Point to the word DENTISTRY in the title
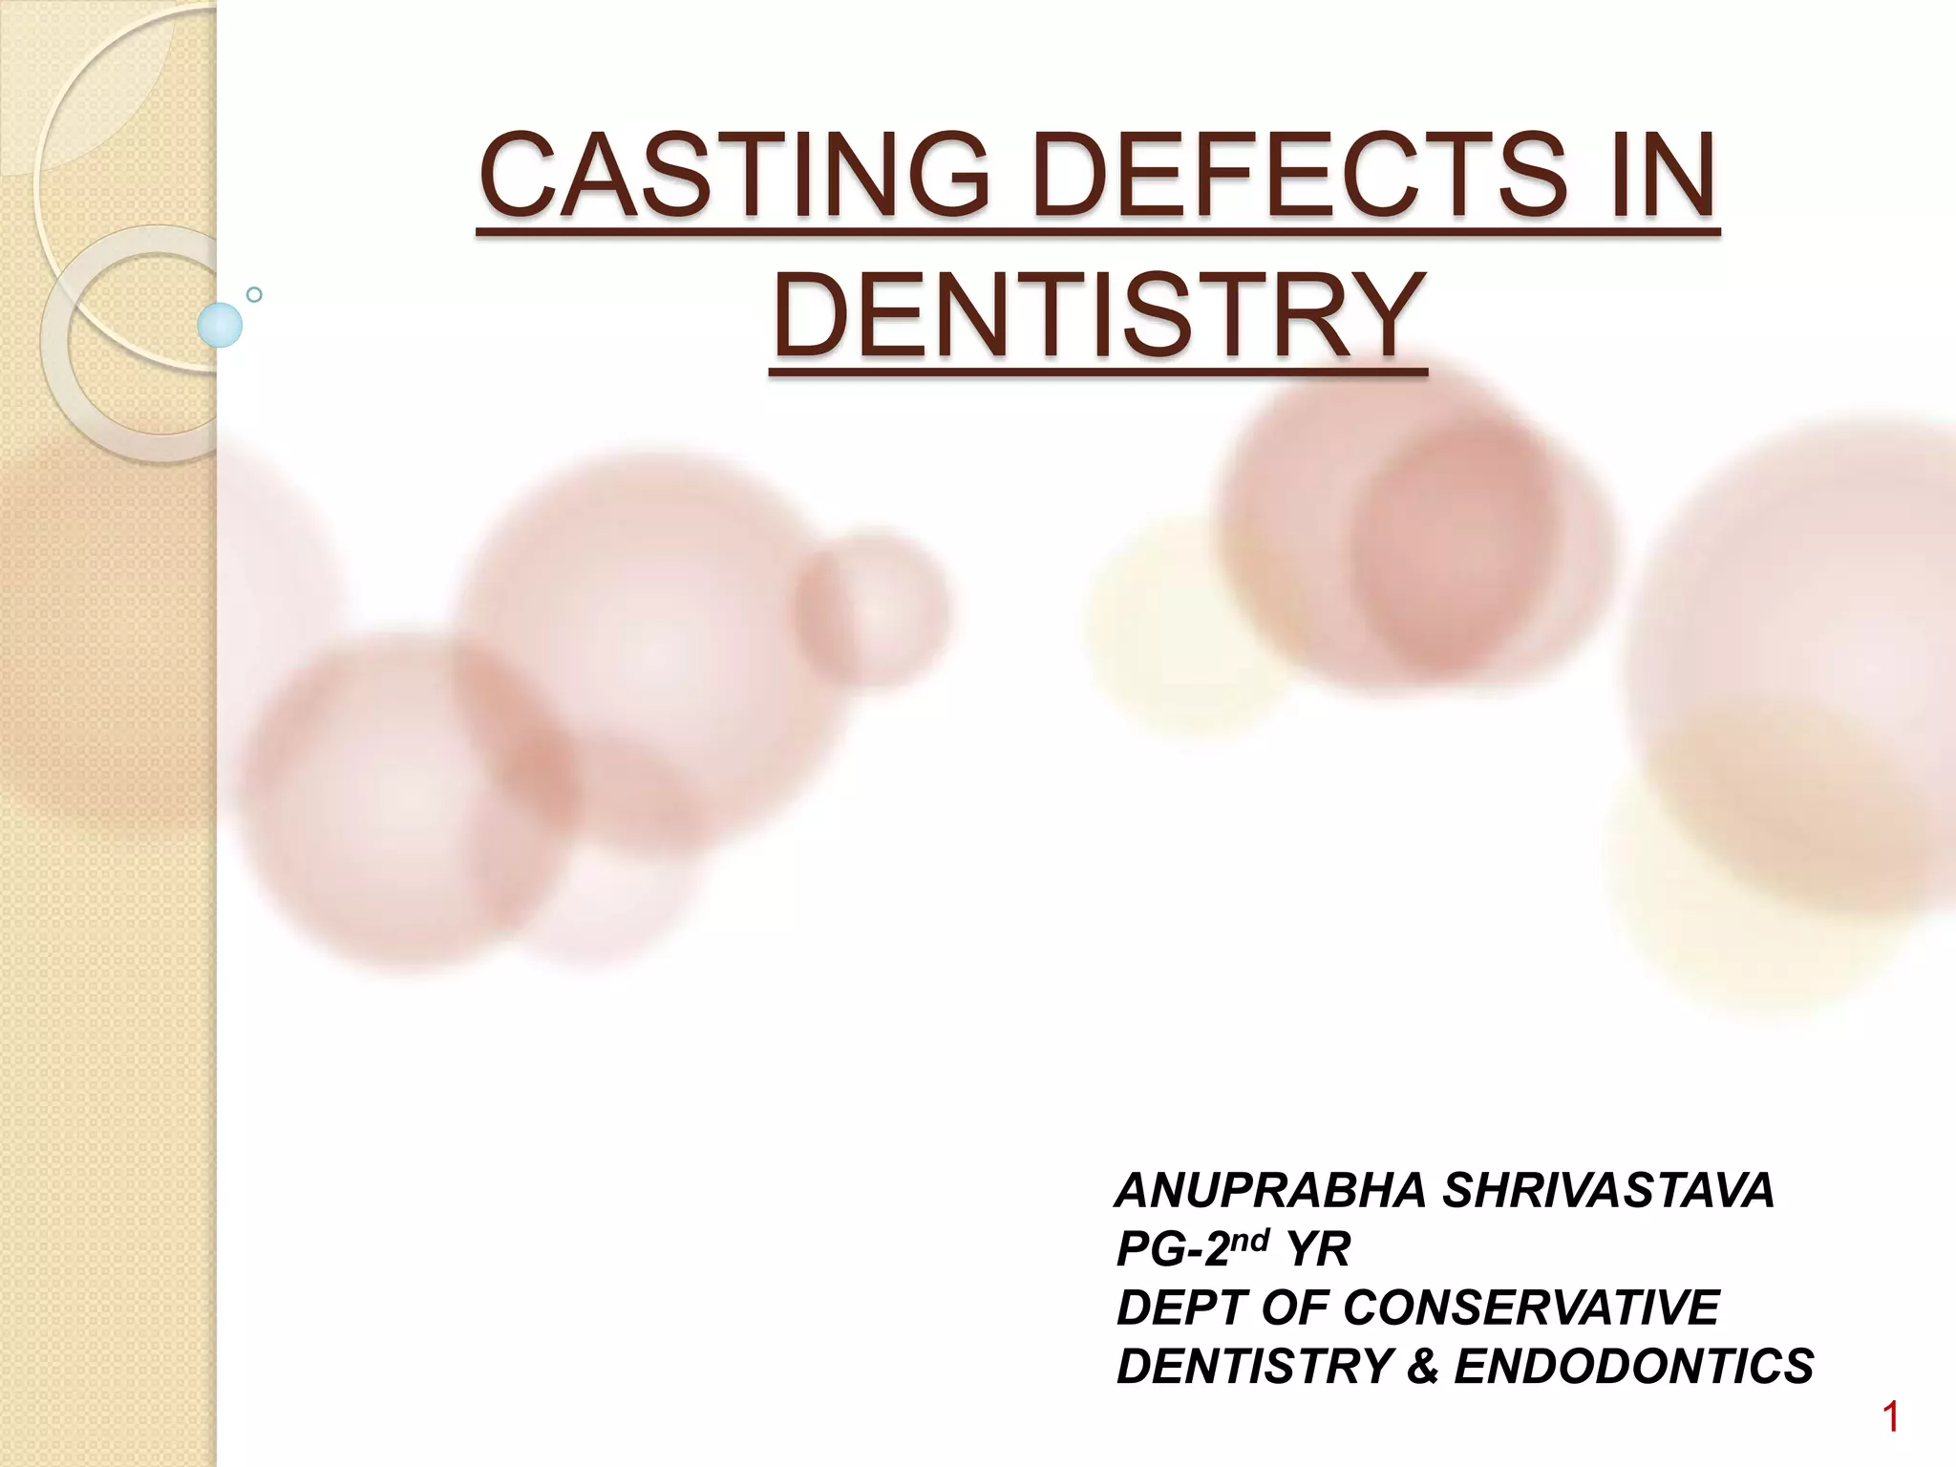tap(1097, 316)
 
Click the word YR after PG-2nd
tap(1317, 1250)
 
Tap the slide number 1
tap(1890, 1418)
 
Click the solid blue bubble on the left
tap(220, 325)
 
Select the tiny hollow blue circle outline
tap(254, 294)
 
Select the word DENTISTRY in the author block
tap(1252, 1367)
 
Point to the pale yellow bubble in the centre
tap(1184, 611)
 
